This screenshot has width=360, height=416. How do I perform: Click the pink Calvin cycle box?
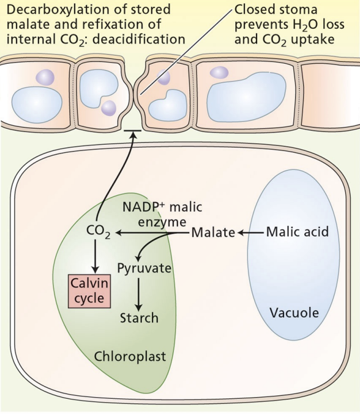pos(90,291)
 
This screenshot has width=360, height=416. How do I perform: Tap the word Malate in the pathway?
pos(213,233)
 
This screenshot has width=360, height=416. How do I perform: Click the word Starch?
pos(139,317)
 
